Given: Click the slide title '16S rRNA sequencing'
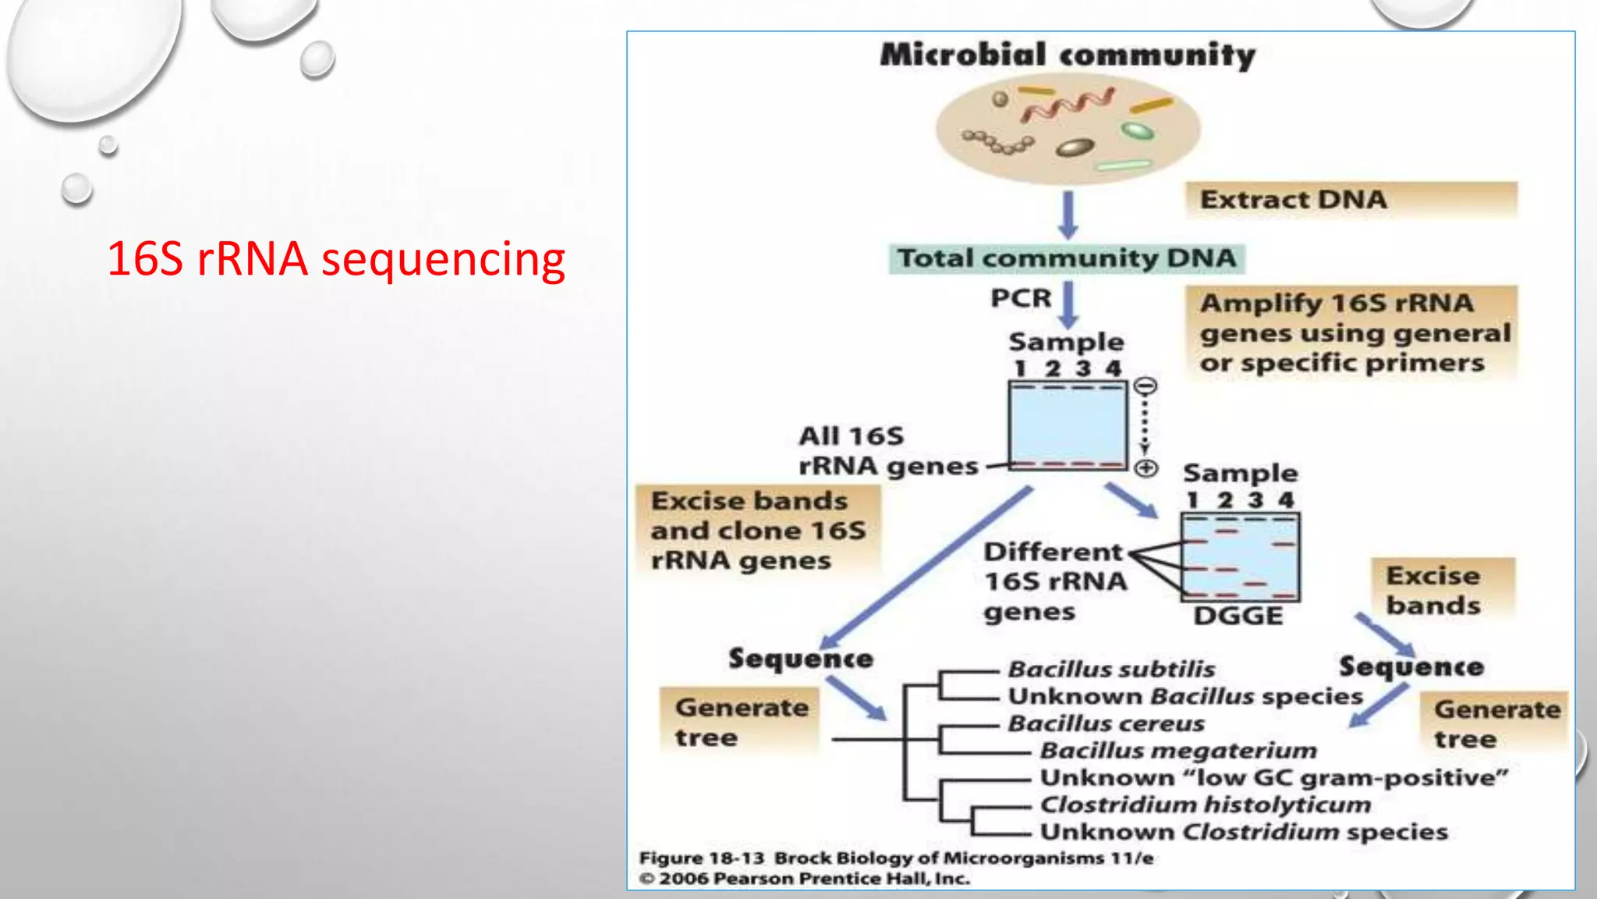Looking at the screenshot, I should (335, 259).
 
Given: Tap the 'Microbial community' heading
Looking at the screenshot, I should (1068, 55).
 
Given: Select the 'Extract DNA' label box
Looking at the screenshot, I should (1351, 200).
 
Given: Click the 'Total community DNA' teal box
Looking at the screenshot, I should (1066, 258).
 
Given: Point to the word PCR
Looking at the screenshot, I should (1021, 298).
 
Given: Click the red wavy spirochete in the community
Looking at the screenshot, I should (1066, 105).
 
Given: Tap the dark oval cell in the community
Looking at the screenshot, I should (1075, 147).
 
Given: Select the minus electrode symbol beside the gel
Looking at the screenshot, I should (1145, 386).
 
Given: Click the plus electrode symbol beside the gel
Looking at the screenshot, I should (1145, 468).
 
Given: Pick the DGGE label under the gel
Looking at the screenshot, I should (1238, 616).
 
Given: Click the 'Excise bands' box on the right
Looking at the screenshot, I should (1443, 591).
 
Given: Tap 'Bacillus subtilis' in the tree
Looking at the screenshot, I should (1111, 670).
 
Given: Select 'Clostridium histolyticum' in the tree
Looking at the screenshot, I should (1205, 805).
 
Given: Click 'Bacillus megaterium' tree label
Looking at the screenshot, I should (1177, 751).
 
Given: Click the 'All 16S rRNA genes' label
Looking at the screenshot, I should (887, 451).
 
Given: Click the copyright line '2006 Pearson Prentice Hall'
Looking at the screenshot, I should (804, 879).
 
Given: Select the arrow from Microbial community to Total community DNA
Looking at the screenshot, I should (1068, 215).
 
